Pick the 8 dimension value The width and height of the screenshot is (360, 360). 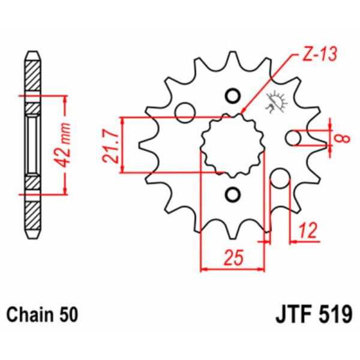(x=341, y=138)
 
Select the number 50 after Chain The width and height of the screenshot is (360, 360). (x=68, y=314)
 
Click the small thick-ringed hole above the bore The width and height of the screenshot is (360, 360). (x=233, y=95)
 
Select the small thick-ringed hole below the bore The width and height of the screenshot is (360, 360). (x=233, y=195)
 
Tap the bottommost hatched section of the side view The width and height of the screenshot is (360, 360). (x=33, y=220)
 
